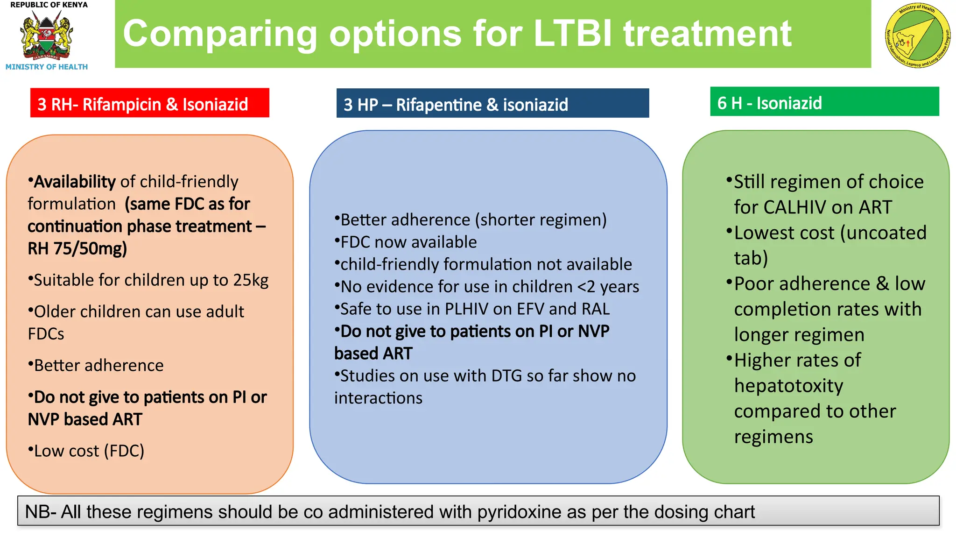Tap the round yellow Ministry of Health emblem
click(917, 36)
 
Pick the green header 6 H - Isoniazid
click(824, 102)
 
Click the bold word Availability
click(75, 182)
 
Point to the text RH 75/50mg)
click(77, 248)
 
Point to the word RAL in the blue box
click(595, 309)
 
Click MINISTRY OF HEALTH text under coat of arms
click(47, 67)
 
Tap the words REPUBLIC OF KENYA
click(49, 5)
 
